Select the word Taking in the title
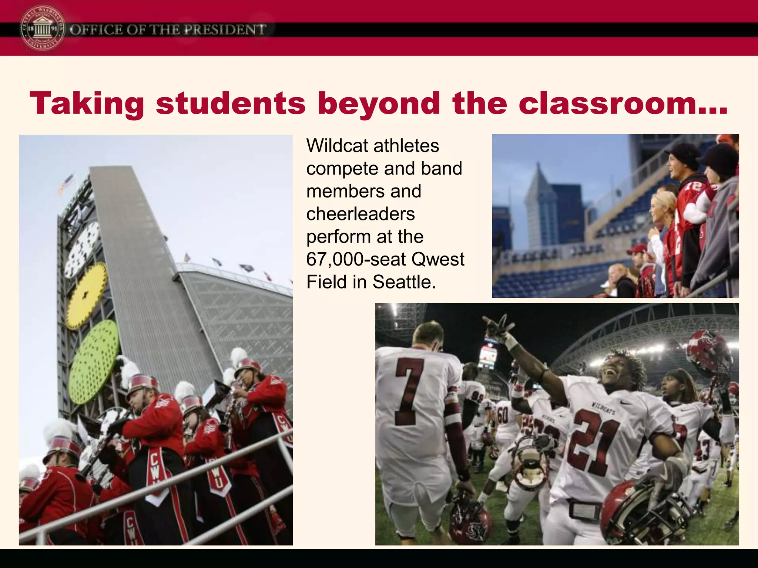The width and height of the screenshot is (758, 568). click(x=87, y=104)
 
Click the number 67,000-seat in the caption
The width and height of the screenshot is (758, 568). click(x=355, y=260)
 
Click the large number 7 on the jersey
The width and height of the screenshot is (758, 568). click(x=409, y=392)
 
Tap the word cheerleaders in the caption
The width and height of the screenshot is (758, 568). click(x=360, y=214)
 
